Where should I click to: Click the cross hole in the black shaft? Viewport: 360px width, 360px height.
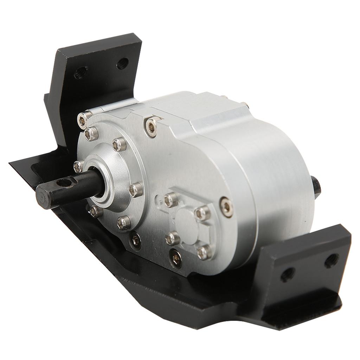click(x=64, y=182)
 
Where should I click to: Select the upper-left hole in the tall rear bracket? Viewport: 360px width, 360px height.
click(x=81, y=72)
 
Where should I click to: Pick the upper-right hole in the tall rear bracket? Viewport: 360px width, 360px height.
click(x=122, y=63)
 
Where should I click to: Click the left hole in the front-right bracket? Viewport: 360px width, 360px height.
click(x=287, y=274)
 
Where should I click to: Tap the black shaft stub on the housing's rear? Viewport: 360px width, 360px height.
click(x=316, y=187)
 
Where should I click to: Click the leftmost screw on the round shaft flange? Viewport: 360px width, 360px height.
click(x=78, y=166)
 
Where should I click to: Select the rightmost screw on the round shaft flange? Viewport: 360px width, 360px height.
click(x=136, y=190)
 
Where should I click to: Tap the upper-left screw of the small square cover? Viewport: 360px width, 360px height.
click(x=171, y=200)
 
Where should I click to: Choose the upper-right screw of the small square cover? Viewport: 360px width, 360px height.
click(x=202, y=213)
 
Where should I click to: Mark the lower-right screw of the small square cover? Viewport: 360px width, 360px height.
click(x=204, y=252)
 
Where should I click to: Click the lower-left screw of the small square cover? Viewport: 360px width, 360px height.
click(x=173, y=238)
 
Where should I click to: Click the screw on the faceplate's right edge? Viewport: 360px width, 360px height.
click(x=226, y=207)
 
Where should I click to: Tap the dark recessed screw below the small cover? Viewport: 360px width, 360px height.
click(x=175, y=259)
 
